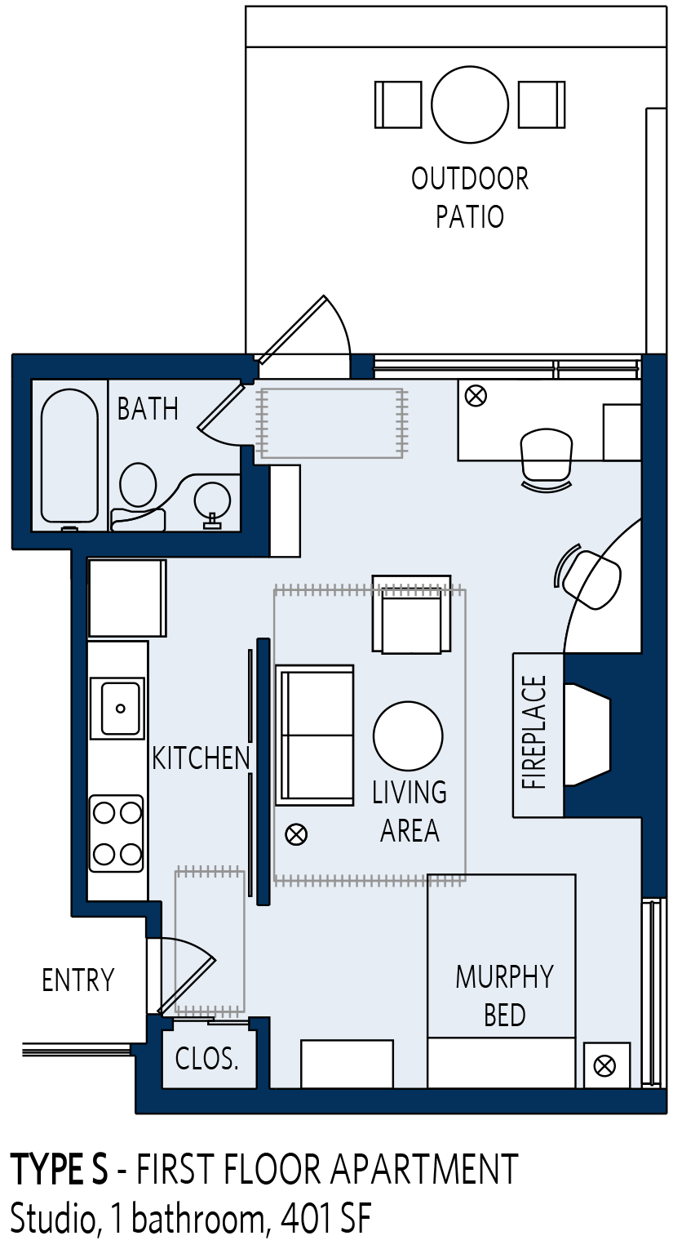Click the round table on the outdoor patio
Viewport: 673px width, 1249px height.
click(470, 104)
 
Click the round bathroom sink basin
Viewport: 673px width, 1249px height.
click(212, 500)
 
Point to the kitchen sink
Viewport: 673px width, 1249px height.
click(117, 708)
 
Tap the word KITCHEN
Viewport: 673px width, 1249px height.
click(201, 758)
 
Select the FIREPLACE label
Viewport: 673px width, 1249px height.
click(534, 731)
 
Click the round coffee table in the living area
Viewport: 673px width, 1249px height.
click(408, 736)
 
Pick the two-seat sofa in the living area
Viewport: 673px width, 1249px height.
click(316, 735)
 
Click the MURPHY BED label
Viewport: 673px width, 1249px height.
click(505, 996)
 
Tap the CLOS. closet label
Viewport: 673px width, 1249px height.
click(207, 1058)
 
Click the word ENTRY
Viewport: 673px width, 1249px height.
click(78, 980)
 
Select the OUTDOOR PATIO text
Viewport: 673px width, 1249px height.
click(470, 198)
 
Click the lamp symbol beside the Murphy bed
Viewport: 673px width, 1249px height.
click(604, 1067)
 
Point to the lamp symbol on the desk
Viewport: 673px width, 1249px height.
click(476, 397)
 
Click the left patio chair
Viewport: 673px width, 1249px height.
click(398, 104)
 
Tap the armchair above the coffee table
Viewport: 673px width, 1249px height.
click(411, 614)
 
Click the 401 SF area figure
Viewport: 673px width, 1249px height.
click(325, 1220)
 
